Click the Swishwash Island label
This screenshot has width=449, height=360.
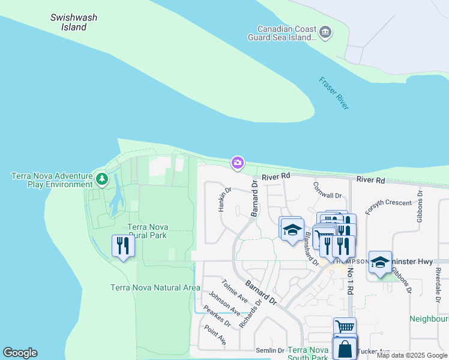[74, 22]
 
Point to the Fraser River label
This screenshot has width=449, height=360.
[334, 93]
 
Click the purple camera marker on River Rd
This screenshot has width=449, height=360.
[238, 163]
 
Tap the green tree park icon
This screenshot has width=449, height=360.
[102, 179]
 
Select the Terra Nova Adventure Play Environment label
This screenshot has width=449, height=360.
[52, 180]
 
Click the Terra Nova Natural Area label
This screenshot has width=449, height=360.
[155, 287]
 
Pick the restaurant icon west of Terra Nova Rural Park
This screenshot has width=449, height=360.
[122, 246]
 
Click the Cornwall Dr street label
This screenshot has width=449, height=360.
[327, 191]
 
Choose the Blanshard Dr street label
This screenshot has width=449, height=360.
[311, 248]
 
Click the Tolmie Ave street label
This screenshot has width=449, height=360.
[234, 290]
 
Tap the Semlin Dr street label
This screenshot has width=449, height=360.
[271, 350]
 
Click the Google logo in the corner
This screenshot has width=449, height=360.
[20, 353]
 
